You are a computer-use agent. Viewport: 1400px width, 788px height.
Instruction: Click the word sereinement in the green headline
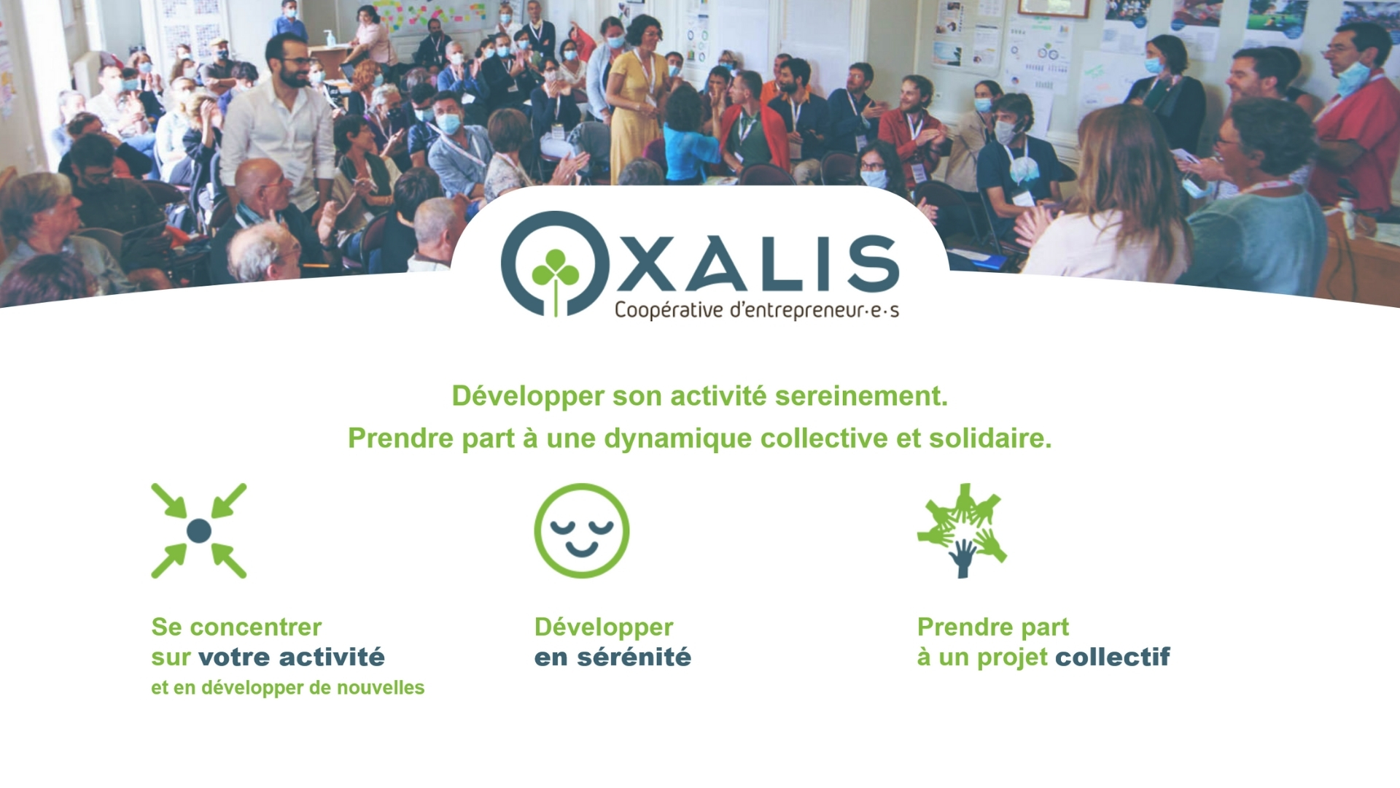tap(861, 396)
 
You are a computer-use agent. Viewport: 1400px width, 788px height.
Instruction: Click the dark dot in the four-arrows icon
tap(199, 530)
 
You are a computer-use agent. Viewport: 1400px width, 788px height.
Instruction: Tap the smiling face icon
tap(582, 530)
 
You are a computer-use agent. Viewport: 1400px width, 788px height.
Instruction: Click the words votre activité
tap(292, 657)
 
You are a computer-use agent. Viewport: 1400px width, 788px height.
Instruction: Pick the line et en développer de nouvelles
tap(287, 688)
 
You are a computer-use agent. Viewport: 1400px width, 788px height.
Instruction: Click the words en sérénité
tap(612, 657)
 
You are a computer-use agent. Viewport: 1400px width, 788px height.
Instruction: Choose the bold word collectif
tap(1113, 657)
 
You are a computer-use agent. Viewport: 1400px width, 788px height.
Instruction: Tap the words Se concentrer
tap(236, 627)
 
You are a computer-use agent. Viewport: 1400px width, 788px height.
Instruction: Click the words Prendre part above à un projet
tap(993, 627)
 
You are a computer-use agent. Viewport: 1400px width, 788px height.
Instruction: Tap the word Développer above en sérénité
tap(604, 627)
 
